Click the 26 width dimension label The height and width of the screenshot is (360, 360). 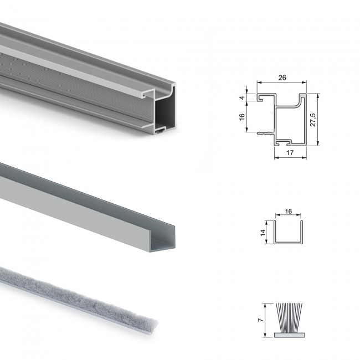(282, 78)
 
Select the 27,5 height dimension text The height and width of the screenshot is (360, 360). (313, 120)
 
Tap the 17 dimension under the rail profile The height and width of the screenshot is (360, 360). (290, 153)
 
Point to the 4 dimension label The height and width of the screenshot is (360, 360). (242, 98)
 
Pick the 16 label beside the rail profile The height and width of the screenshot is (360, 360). (242, 117)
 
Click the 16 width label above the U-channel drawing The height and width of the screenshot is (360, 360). (289, 212)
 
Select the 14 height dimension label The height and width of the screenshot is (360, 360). (263, 233)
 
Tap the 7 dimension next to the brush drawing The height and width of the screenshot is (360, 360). (260, 320)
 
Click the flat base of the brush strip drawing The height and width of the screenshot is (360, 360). (289, 335)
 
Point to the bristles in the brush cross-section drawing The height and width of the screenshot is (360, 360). (289, 318)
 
